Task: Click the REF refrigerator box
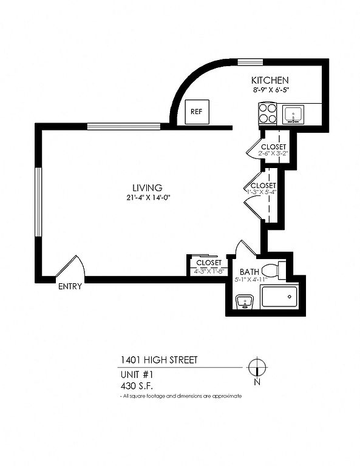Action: click(x=197, y=112)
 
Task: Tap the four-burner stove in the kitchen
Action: click(x=268, y=113)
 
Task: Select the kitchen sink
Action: click(x=293, y=115)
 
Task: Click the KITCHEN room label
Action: click(x=270, y=80)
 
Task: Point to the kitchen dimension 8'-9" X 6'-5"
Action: click(x=270, y=90)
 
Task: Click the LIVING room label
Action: click(x=148, y=188)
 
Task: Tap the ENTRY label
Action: click(x=70, y=286)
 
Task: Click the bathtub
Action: click(x=279, y=297)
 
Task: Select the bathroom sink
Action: click(x=245, y=302)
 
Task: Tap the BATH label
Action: click(x=249, y=272)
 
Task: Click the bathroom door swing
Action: click(x=246, y=248)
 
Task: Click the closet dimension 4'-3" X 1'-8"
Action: click(x=209, y=271)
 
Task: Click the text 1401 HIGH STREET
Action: click(x=158, y=360)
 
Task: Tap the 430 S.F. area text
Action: click(x=137, y=386)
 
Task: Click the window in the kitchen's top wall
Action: click(x=250, y=62)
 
